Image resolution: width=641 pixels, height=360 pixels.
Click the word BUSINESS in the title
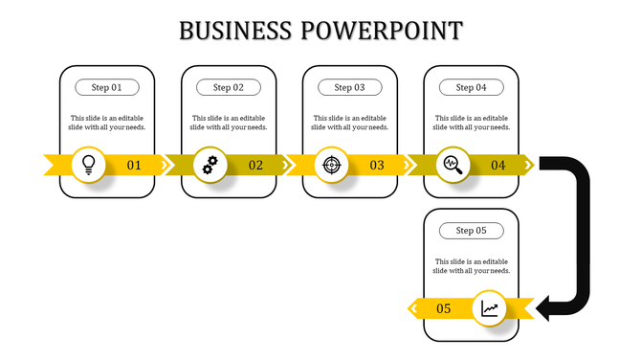click(235, 31)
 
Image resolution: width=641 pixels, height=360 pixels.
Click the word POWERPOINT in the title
click(381, 31)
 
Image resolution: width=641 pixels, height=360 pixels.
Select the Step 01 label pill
click(107, 87)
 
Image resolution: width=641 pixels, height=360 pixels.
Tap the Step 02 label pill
click(229, 87)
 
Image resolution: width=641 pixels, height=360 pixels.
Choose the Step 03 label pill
click(349, 87)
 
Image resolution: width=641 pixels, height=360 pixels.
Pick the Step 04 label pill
click(471, 87)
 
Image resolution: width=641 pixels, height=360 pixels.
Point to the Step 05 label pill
click(471, 231)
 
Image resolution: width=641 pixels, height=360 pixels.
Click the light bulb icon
click(89, 164)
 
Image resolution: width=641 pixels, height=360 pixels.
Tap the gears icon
click(210, 165)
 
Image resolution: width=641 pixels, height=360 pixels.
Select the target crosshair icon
click(331, 165)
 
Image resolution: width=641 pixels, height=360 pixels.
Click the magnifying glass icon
click(452, 165)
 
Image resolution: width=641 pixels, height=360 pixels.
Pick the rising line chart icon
click(490, 308)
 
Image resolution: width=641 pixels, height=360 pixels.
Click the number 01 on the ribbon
click(134, 166)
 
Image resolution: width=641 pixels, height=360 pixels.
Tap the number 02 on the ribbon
click(255, 166)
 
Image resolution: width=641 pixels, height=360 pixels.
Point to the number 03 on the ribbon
click(377, 166)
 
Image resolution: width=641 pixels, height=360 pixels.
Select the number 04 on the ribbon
click(497, 166)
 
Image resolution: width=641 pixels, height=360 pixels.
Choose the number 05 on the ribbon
click(444, 308)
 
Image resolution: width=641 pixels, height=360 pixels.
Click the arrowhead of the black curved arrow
click(546, 308)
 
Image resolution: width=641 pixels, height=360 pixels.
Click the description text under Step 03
click(349, 123)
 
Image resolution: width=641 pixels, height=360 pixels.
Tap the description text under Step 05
click(471, 265)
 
